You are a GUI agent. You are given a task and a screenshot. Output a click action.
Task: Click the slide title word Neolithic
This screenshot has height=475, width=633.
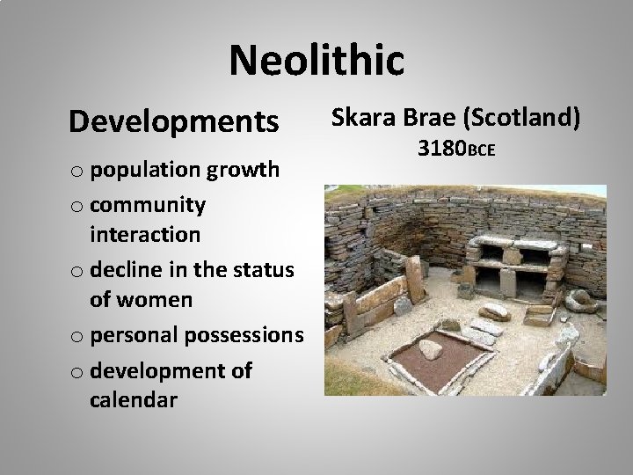316,61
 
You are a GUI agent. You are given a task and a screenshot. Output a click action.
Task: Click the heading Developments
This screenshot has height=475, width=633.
173,121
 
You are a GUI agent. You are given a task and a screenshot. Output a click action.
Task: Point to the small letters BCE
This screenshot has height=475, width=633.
482,152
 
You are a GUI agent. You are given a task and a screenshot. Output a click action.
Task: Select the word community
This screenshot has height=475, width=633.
148,204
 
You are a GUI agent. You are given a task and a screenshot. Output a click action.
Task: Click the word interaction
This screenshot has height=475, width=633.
144,235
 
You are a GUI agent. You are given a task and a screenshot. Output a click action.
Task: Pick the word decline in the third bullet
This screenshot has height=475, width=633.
125,267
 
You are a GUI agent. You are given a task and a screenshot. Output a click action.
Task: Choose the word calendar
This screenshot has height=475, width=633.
133,399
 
